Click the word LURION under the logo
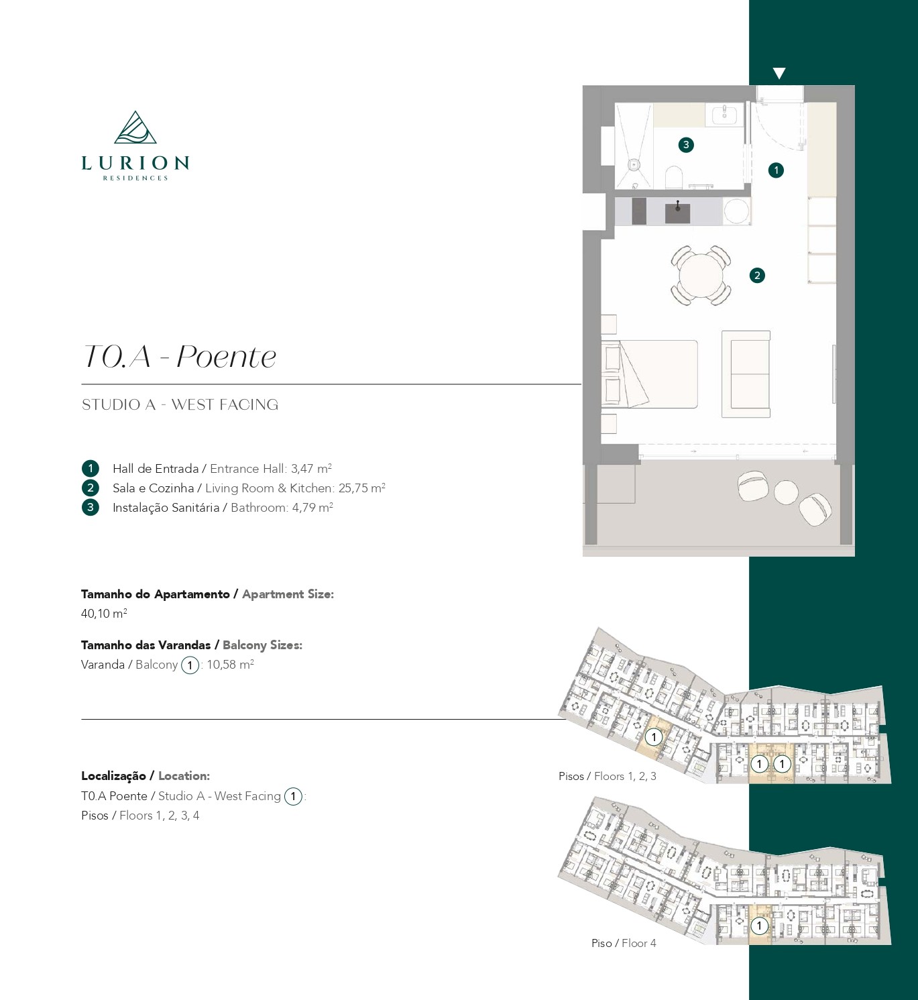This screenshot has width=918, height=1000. click(135, 162)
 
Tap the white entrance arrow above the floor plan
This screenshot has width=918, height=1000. click(779, 73)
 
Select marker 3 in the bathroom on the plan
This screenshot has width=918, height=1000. click(686, 145)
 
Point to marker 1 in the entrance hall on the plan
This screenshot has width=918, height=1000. click(776, 170)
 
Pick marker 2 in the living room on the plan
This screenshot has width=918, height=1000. click(757, 275)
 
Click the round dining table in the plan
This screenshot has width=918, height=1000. click(701, 276)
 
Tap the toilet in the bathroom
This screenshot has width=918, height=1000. click(674, 177)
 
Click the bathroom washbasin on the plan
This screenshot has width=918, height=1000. click(724, 115)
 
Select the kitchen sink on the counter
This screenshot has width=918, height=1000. click(678, 213)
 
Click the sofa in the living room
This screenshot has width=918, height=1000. click(746, 374)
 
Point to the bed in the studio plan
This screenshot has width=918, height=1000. click(649, 374)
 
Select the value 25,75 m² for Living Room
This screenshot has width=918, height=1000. click(361, 488)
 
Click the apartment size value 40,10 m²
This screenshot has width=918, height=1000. click(104, 614)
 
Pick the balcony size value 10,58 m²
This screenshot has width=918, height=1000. click(231, 665)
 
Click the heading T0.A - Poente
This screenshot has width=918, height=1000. click(180, 356)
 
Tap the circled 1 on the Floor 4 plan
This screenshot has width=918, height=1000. click(759, 926)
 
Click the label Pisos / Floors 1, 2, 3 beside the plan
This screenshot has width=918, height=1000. click(608, 776)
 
